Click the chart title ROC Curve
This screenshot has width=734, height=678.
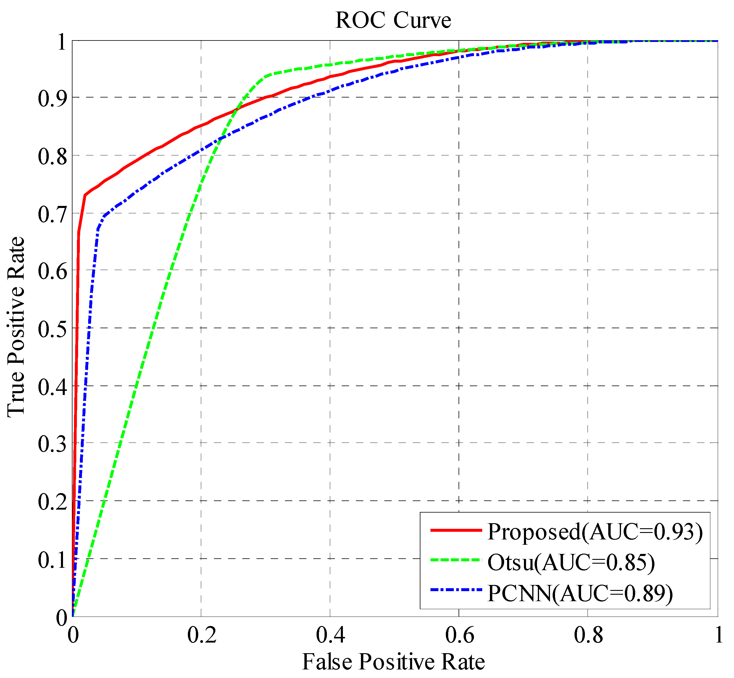[x=393, y=20]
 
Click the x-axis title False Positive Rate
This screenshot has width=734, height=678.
[x=393, y=661]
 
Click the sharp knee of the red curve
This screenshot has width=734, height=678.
[x=85, y=195]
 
